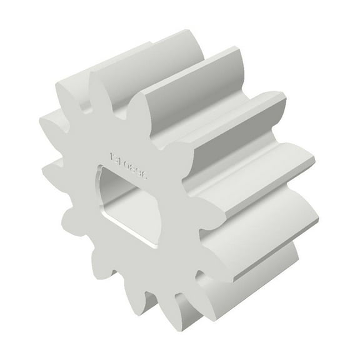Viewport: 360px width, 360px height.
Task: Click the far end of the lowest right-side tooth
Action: point(294,250)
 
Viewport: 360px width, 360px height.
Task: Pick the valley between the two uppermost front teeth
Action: point(84,100)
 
